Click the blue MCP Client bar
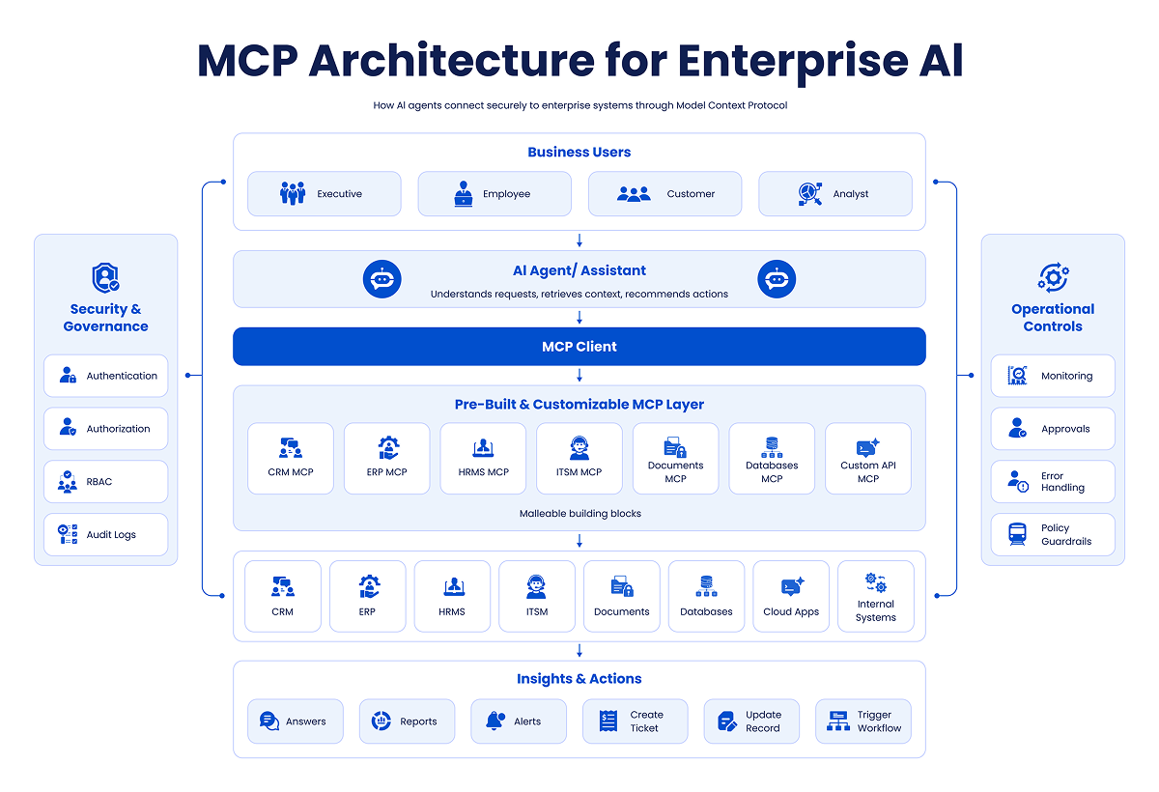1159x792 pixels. click(x=579, y=346)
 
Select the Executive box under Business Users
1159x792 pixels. click(x=324, y=193)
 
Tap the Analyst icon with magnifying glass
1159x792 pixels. click(x=809, y=193)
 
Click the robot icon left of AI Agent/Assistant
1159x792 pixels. click(x=382, y=279)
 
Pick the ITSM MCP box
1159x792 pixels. click(x=579, y=459)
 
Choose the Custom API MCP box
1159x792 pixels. click(x=867, y=459)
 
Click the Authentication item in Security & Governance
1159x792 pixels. click(x=105, y=376)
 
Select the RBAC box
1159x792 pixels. click(x=105, y=481)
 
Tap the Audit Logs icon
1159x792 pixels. click(x=68, y=534)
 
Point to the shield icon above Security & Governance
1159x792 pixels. click(x=105, y=278)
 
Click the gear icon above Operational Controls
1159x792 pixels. click(x=1053, y=277)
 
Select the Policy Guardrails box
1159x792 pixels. click(x=1053, y=534)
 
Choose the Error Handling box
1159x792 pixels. click(x=1053, y=481)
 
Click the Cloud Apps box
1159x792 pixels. click(x=791, y=596)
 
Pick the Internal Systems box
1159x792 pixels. click(x=875, y=596)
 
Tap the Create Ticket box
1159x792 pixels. click(x=635, y=721)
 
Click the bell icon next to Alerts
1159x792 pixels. click(x=495, y=721)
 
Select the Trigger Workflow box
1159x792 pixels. click(x=863, y=721)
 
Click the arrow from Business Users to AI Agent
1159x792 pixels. click(x=579, y=240)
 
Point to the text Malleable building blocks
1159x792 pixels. click(x=580, y=513)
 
